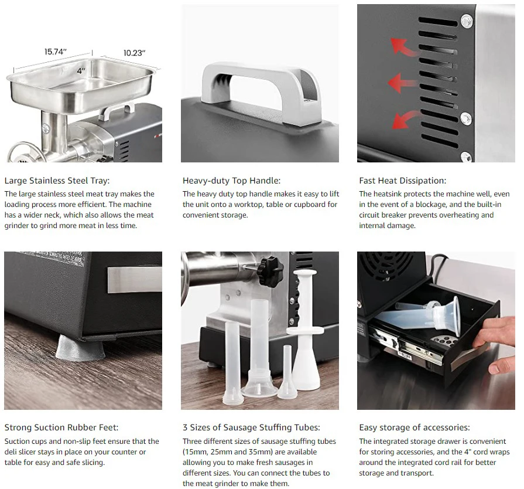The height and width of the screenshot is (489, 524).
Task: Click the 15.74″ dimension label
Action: pyautogui.click(x=56, y=52)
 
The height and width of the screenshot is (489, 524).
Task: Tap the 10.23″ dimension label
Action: pyautogui.click(x=134, y=53)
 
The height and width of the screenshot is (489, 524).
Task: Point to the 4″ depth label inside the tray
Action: pyautogui.click(x=81, y=70)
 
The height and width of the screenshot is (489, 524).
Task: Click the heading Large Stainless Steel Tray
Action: pyautogui.click(x=57, y=181)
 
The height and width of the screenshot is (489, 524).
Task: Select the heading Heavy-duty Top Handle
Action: pyautogui.click(x=231, y=181)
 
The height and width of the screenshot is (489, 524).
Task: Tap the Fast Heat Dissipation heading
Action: pyautogui.click(x=402, y=181)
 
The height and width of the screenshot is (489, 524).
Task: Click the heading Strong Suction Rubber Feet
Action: pyautogui.click(x=61, y=427)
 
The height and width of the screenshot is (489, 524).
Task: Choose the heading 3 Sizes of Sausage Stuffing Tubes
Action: pyautogui.click(x=251, y=427)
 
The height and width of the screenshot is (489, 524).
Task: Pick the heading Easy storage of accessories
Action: pyautogui.click(x=414, y=427)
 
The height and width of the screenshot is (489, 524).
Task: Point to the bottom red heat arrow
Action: pyautogui.click(x=405, y=120)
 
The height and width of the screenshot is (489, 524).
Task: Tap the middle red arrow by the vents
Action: pyautogui.click(x=402, y=83)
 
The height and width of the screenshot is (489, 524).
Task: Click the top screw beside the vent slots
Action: pyautogui.click(x=466, y=21)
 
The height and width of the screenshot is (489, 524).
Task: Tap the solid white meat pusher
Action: pyautogui.click(x=306, y=330)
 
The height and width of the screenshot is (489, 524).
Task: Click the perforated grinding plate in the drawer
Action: pyautogui.click(x=444, y=341)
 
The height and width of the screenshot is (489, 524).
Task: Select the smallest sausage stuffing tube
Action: pyautogui.click(x=287, y=372)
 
